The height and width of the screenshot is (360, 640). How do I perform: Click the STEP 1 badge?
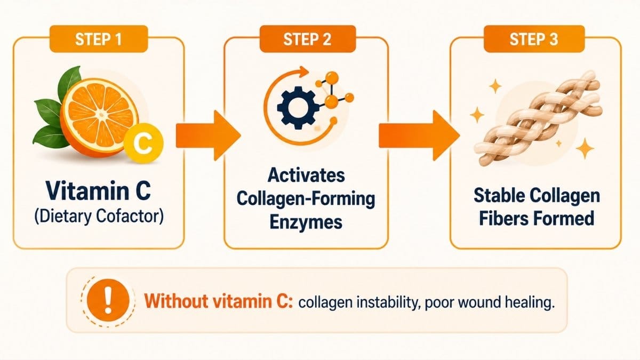[99, 39]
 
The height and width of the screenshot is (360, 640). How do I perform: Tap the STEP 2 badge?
[308, 39]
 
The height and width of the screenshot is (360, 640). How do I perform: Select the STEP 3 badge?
[534, 39]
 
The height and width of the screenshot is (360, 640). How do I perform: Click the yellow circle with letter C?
[143, 143]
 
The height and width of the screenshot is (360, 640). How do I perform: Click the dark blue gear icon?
[298, 108]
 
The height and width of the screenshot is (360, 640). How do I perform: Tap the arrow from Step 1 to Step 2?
[208, 135]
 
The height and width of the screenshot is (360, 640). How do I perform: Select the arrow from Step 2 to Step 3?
[419, 135]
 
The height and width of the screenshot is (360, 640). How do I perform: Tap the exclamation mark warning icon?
[108, 300]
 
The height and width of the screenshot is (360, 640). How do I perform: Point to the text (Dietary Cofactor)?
[99, 217]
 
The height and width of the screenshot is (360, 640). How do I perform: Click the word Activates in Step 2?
[306, 175]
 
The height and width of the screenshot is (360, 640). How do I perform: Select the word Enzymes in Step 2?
[306, 222]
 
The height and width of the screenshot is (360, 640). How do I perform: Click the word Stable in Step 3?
[498, 195]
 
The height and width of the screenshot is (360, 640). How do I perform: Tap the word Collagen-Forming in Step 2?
[306, 198]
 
